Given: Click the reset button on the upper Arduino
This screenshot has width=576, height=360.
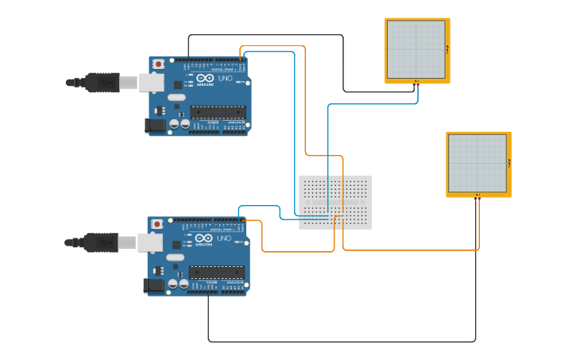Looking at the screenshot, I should coord(158,64).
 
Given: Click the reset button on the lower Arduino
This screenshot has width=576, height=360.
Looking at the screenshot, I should coord(157,224).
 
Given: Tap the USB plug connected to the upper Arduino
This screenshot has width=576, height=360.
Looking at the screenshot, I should coord(102,82).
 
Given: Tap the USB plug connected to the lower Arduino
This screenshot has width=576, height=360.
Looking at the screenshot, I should coord(101,242).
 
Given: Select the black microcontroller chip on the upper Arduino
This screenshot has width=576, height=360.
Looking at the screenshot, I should coord(218,113).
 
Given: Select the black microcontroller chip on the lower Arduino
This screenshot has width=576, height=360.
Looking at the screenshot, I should coord(216,273).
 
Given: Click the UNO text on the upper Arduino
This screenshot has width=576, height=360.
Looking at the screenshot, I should coord(225,78).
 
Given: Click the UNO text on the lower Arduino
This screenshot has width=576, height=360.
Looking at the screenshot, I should coord(223,238).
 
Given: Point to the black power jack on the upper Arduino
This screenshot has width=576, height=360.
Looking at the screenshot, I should coord(155,125).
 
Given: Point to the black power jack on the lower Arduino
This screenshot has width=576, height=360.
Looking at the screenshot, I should coord(154,285).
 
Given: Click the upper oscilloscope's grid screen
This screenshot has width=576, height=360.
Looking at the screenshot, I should coord(416,49).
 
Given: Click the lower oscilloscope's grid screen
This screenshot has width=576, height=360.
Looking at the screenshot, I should coord(477,163).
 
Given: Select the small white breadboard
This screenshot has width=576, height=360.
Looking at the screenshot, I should coord(334,203).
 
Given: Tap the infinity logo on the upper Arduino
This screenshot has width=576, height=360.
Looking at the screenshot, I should coord(205,78).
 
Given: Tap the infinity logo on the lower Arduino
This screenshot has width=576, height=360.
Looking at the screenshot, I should coord(203,238).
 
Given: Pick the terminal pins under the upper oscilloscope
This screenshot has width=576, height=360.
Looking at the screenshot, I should coord(416,81).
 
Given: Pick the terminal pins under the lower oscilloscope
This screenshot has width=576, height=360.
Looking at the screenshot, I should coord(477,195).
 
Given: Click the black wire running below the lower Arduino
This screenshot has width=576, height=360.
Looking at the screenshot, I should coord(342,342).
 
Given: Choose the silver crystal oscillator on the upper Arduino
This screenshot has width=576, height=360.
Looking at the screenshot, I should coord(176,98).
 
